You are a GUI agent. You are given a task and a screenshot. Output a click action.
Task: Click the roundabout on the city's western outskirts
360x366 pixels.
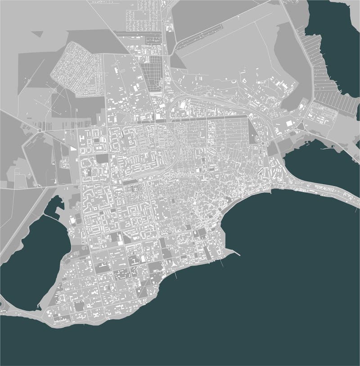(40, 131)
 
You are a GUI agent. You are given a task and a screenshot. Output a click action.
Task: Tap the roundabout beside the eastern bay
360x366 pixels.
(262, 143)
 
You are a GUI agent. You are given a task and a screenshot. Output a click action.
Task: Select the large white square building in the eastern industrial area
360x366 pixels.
(288, 122)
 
